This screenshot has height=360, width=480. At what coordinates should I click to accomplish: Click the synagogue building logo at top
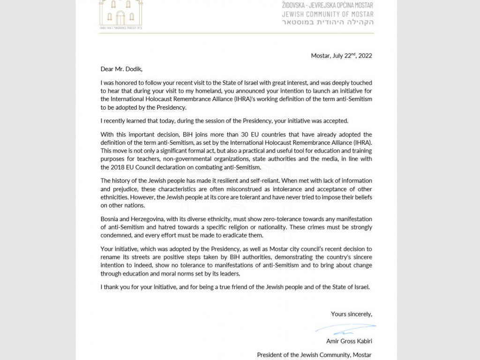[x=120, y=14]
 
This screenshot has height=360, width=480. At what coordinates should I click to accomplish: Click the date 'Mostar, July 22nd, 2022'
[x=342, y=55]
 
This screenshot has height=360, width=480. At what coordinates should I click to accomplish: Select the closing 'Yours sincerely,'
[x=352, y=314]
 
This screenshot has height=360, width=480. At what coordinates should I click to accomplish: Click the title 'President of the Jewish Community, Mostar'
[x=315, y=354]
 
